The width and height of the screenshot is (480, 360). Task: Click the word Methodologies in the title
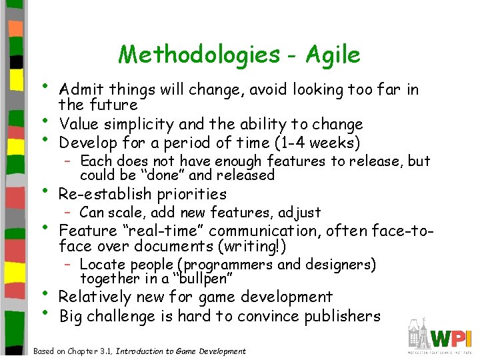point(199,55)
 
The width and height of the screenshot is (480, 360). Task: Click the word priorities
point(191,195)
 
